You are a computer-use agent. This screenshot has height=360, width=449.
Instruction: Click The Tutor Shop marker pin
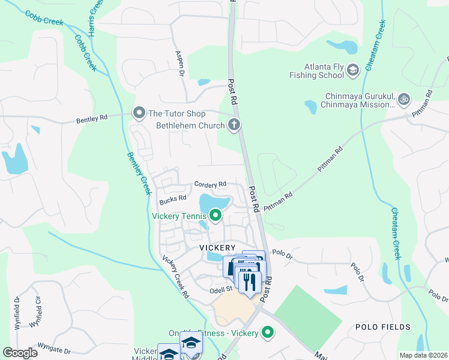click(139, 113)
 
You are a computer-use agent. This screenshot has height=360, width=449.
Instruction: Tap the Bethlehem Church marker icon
click(234, 125)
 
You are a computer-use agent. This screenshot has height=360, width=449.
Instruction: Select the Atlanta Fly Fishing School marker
click(352, 71)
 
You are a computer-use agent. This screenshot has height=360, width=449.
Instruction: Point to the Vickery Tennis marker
click(215, 215)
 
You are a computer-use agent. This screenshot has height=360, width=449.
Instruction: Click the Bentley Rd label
click(91, 119)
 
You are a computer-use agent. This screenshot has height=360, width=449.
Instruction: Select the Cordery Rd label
click(210, 184)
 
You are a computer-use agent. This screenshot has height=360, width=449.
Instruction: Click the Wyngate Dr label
click(54, 351)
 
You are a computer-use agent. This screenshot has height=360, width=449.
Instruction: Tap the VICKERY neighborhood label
click(217, 247)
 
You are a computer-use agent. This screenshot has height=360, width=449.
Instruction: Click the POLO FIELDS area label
click(383, 327)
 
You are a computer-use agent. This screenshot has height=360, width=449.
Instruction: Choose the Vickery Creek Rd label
click(176, 277)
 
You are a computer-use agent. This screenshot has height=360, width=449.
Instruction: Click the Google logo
click(20, 353)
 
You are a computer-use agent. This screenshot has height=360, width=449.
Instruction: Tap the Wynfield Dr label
click(17, 309)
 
